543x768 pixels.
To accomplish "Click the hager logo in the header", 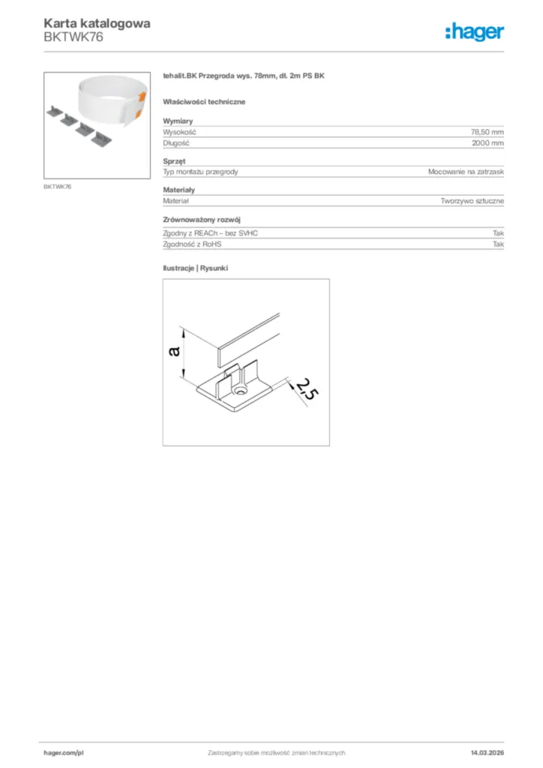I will (474, 31).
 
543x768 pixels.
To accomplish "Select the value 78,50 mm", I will (487, 131).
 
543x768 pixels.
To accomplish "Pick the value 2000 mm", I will (487, 142).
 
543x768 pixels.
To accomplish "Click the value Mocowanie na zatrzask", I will (466, 172).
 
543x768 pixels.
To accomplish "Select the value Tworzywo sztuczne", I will (472, 201).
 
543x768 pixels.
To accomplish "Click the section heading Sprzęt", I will (174, 161).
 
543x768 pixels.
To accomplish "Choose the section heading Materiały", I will (178, 190).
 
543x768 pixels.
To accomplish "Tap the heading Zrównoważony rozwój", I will (201, 220).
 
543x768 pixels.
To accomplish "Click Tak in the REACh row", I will (498, 233).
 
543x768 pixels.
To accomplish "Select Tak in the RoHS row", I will (498, 244).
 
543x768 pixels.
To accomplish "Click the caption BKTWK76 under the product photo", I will (57, 186).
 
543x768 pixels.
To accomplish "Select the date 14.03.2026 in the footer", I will (487, 752).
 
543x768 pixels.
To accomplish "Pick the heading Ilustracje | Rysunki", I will (195, 268).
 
